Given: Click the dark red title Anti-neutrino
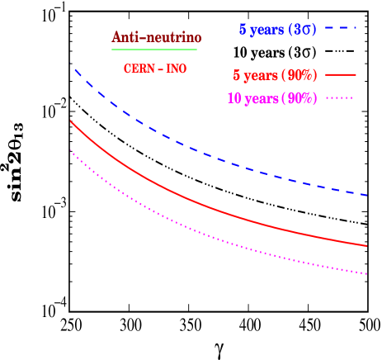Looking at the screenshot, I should point(157,38).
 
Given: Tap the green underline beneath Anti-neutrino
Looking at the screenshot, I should point(154,50).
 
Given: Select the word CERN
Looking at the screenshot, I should point(138,69).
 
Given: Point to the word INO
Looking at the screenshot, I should point(177,69).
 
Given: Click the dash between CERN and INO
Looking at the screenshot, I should point(160,69).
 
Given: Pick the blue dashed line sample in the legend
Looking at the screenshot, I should point(340,29).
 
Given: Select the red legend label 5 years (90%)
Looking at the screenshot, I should point(275,75).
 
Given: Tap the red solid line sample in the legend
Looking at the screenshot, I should point(341,74).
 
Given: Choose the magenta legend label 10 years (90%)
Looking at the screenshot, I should point(271,98).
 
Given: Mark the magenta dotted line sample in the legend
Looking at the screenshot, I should point(341,97).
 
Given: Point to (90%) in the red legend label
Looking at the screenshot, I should point(299,75).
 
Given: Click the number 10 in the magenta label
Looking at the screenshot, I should point(233,98).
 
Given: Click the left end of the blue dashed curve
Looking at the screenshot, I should point(74,69).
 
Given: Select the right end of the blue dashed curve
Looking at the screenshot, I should point(367,196).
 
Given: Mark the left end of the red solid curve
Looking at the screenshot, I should point(71,121).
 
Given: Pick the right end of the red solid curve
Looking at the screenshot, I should point(367,246).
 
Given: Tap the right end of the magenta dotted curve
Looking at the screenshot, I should point(367,274).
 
